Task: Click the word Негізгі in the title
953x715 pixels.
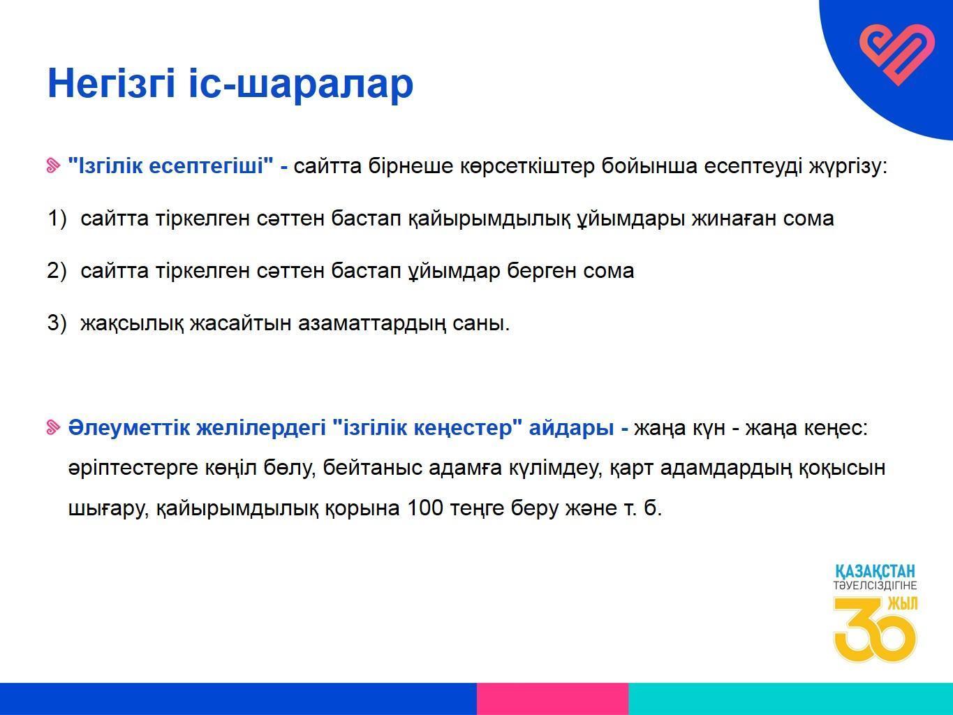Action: [111, 83]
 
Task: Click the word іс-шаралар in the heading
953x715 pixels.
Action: [302, 83]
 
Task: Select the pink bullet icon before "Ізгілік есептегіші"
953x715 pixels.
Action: [52, 166]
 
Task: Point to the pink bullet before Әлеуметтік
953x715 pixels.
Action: [52, 427]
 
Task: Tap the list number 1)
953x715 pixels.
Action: [57, 218]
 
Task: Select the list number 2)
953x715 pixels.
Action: [57, 270]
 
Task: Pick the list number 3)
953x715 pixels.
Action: [57, 323]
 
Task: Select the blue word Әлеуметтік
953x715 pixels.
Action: [128, 428]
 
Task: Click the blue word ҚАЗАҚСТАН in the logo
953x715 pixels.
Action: [875, 570]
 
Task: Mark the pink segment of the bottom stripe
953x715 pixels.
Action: [552, 699]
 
